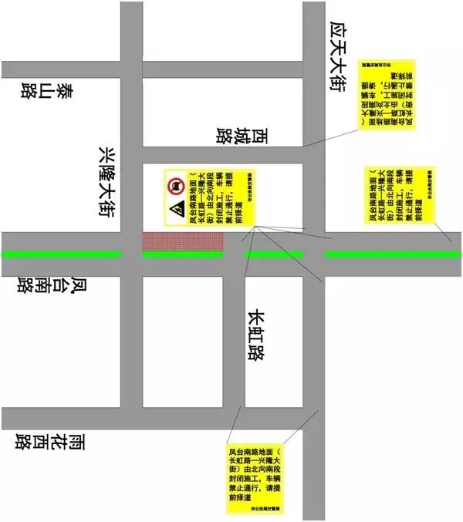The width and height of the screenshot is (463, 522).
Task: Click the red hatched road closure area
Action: coord(182,240)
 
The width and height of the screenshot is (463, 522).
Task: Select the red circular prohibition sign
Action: coord(176,185)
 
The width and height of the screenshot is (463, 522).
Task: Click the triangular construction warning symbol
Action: coord(176,209)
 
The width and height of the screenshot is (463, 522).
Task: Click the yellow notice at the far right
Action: coord(400,194)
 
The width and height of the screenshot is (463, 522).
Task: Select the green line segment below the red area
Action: coord(182,254)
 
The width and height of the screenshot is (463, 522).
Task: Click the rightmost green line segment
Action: coord(393,254)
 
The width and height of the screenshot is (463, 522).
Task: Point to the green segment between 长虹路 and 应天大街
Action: coord(273,254)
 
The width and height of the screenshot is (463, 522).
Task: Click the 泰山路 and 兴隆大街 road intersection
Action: coord(131,69)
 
